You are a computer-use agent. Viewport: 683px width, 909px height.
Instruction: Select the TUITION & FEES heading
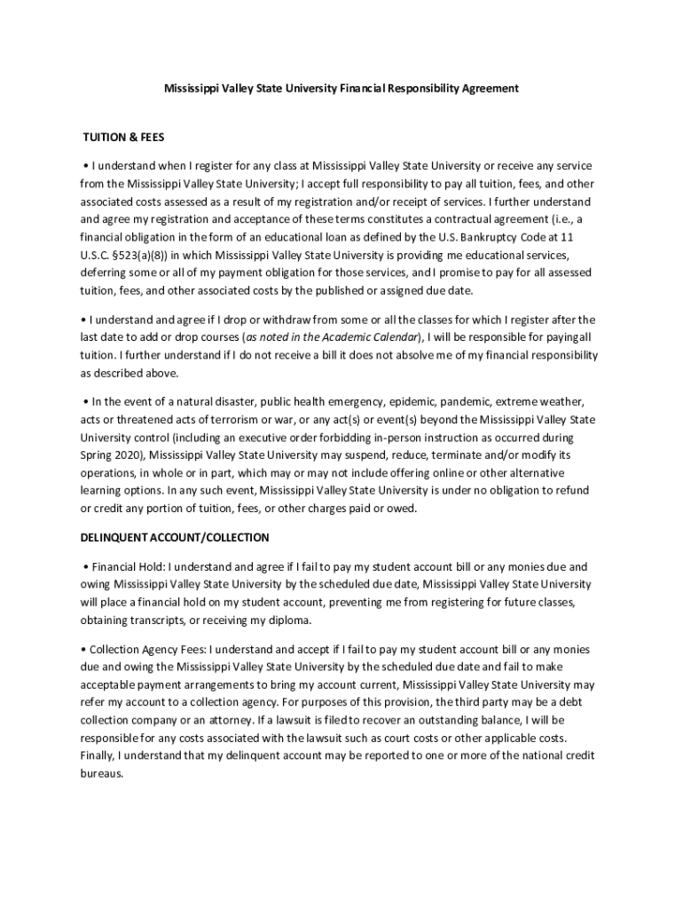click(123, 138)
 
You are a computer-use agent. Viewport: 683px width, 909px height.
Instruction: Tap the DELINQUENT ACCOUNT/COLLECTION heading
click(175, 538)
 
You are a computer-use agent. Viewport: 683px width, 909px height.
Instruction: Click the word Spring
click(97, 455)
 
